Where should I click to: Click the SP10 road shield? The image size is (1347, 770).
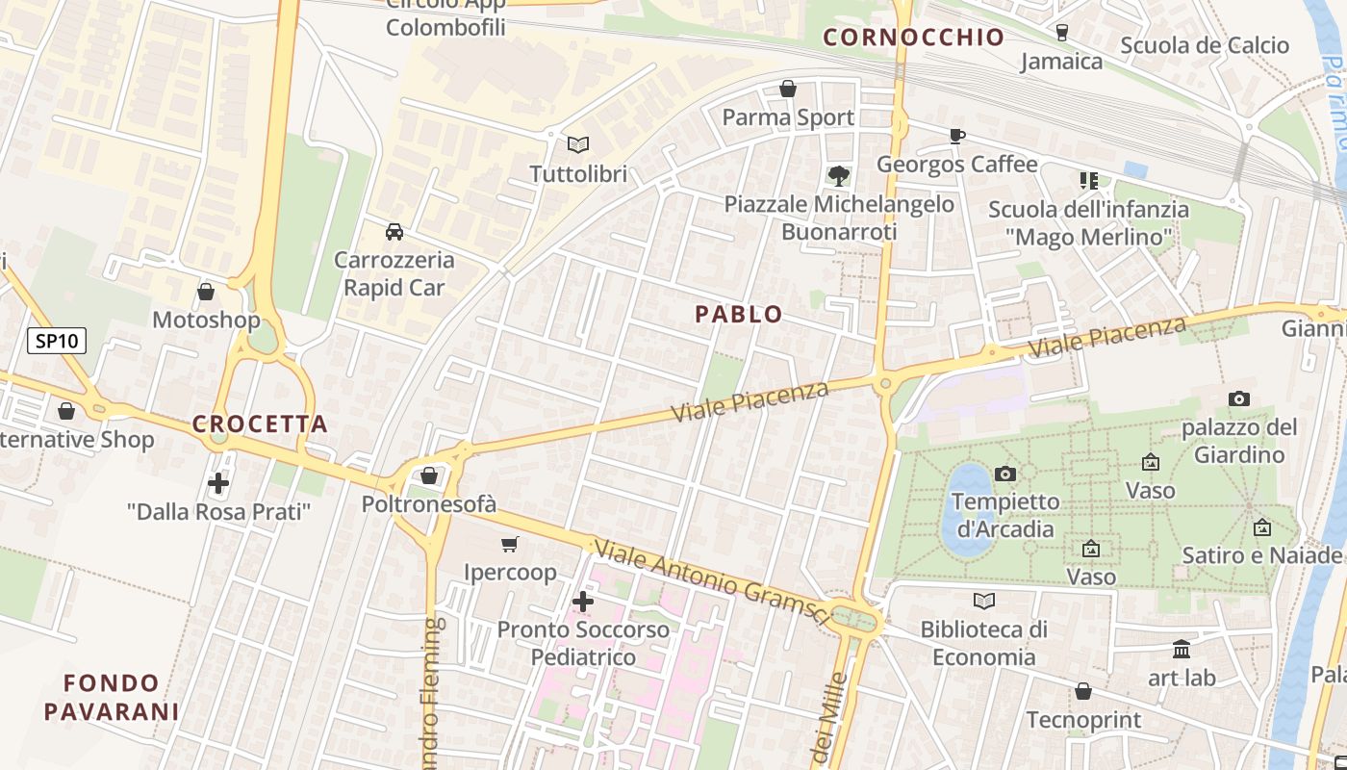pos(57,341)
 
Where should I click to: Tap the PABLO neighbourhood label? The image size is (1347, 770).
pos(739,315)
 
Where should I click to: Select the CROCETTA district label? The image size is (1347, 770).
pos(260,424)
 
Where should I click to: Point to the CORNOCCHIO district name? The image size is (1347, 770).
pos(914,38)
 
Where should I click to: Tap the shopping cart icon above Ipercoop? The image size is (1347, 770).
pos(510,545)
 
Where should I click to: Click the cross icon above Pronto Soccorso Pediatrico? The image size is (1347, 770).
pos(582,602)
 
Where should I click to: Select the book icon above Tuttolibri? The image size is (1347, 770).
pos(577,145)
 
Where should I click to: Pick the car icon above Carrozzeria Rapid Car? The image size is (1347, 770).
pos(394,232)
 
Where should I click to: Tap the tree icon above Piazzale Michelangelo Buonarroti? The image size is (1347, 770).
pos(838,175)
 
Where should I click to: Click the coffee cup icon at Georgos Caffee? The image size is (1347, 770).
pos(956,136)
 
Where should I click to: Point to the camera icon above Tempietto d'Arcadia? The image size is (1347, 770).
pos(1005,474)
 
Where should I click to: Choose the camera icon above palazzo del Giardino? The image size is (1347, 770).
pos(1239,398)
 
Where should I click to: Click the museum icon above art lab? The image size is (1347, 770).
pos(1182,650)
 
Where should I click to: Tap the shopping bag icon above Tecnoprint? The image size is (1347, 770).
pos(1083,691)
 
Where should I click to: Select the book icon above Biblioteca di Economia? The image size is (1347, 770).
pos(983,602)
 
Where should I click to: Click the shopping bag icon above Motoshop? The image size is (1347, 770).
pos(206,292)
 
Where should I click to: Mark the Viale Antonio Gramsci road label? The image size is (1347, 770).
pos(712,582)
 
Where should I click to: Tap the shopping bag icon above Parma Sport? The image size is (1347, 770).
pos(788,90)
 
